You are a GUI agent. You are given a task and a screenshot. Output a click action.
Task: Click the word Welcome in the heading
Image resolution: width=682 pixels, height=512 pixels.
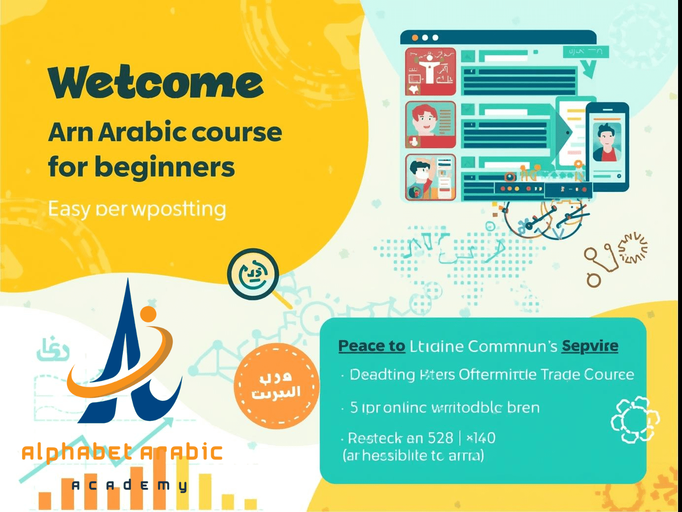[x=156, y=83]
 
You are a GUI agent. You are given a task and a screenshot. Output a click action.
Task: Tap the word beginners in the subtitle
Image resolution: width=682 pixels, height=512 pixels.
[x=165, y=168]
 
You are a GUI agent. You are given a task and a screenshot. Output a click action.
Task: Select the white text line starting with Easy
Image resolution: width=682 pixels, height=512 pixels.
[x=137, y=209]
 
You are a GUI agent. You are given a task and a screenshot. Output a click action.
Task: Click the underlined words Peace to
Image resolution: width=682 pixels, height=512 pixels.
[x=372, y=346]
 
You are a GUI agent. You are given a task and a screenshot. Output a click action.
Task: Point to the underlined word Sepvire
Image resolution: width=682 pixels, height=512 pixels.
[x=590, y=346]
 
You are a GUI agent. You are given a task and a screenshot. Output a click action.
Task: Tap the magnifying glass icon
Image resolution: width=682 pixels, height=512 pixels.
[x=254, y=275]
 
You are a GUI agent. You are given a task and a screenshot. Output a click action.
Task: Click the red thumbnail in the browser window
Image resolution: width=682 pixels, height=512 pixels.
[x=430, y=72]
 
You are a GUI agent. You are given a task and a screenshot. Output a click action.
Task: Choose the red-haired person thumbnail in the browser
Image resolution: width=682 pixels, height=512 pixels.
[x=430, y=125]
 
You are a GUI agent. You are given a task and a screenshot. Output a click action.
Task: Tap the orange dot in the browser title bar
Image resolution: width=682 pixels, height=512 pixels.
[x=415, y=38]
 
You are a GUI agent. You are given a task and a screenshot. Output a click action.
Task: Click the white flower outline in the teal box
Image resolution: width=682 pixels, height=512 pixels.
[x=635, y=419]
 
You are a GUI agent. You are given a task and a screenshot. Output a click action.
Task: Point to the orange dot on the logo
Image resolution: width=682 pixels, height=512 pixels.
[x=148, y=314]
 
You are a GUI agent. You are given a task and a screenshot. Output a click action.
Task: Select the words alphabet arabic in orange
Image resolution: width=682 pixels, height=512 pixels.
[x=122, y=452]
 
